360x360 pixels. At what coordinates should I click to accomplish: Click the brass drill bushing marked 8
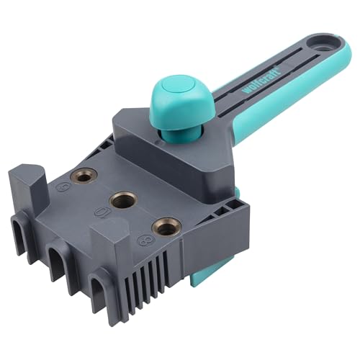(x=166, y=228)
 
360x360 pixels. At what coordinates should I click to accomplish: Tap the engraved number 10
(x=103, y=214)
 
